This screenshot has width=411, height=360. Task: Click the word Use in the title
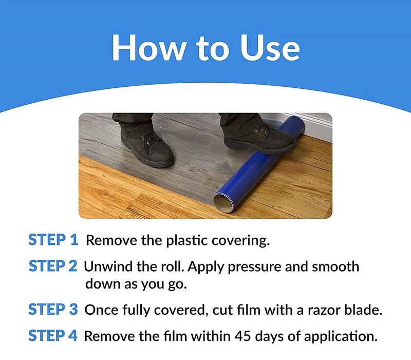(270, 48)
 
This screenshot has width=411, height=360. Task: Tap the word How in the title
(148, 48)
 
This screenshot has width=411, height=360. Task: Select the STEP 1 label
(53, 239)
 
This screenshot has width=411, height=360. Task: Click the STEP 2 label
(53, 266)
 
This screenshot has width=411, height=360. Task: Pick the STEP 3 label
(53, 309)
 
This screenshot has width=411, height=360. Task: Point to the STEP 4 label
(53, 336)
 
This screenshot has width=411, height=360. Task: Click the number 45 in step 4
(242, 336)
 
